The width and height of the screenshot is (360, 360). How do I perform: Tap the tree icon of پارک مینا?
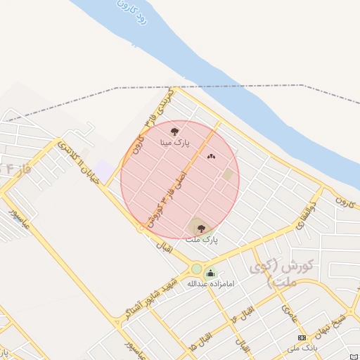click(x=174, y=131)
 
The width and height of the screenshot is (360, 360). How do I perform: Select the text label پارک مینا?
click(x=174, y=142)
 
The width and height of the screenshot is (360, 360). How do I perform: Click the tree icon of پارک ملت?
click(x=202, y=228)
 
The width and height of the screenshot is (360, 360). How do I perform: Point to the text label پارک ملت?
click(x=202, y=240)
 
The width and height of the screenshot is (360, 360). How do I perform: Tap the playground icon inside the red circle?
click(x=211, y=157)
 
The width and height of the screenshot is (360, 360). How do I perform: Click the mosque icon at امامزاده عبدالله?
click(x=211, y=274)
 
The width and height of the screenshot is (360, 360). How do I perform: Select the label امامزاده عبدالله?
click(x=210, y=284)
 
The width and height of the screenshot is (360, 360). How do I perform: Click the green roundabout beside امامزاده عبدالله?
click(x=196, y=269)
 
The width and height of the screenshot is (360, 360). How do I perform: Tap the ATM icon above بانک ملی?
click(x=302, y=338)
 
